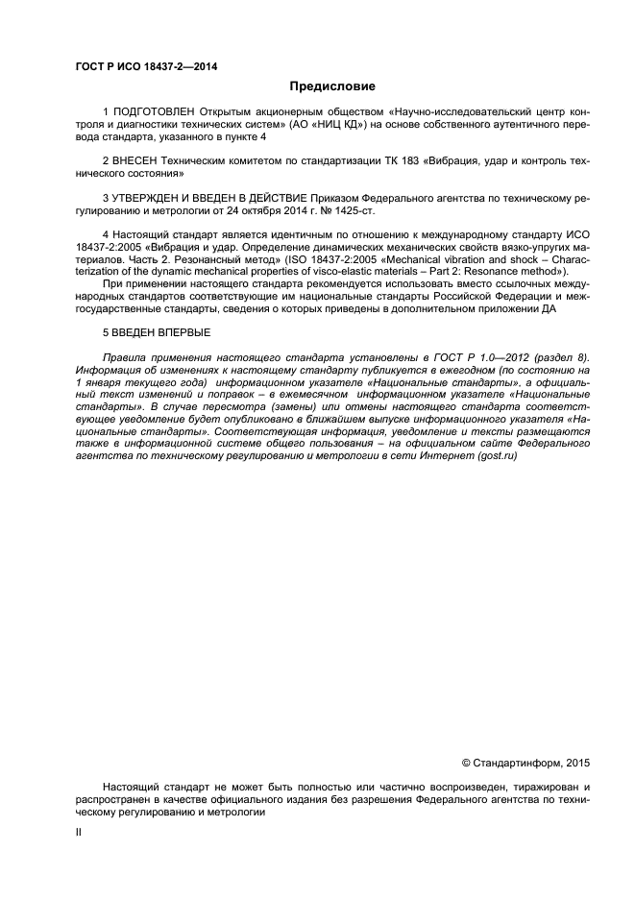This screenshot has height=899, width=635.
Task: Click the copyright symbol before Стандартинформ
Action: coord(467,763)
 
